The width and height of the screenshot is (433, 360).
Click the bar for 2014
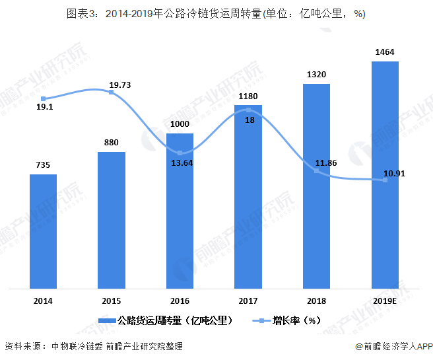pos(43,231)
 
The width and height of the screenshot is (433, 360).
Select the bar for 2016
pos(180,211)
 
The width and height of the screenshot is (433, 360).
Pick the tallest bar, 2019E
pos(385,175)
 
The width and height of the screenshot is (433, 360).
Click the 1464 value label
pos(385,52)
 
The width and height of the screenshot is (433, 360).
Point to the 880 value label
pos(111,142)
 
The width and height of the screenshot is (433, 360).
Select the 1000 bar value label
pos(180,124)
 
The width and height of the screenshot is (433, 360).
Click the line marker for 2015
pos(111,92)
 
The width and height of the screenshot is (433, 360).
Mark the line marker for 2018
pos(317,170)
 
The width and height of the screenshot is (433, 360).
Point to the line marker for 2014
pos(43,99)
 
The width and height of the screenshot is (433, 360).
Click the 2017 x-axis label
pos(248,301)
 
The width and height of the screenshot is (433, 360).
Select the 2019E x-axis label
pos(385,301)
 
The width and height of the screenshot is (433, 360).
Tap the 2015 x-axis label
pos(111,301)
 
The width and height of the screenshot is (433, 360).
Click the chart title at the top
pos(216,14)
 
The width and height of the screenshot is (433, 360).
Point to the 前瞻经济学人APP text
pos(393,346)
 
